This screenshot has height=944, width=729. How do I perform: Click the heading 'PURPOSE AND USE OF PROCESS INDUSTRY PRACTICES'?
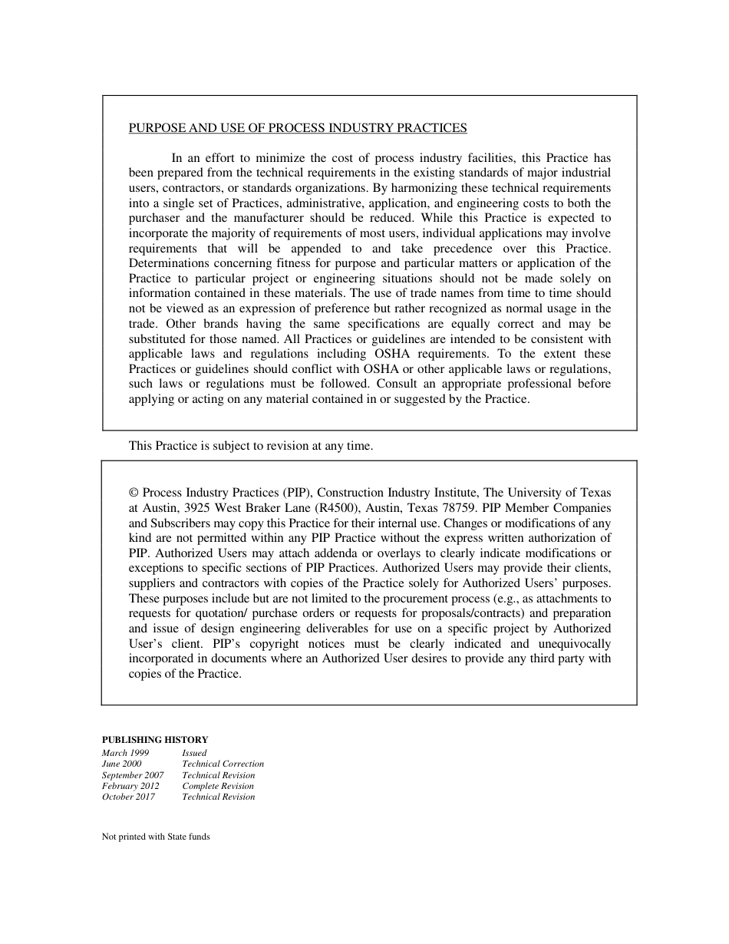pyautogui.click(x=298, y=128)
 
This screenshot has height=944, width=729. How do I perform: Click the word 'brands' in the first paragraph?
pyautogui.click(x=223, y=324)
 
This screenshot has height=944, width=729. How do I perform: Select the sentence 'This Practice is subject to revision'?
pyautogui.click(x=250, y=445)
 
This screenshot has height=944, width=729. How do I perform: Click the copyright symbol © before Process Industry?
pyautogui.click(x=134, y=493)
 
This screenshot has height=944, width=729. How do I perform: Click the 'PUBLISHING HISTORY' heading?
pyautogui.click(x=155, y=740)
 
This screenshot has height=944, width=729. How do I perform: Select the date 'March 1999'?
pyautogui.click(x=126, y=753)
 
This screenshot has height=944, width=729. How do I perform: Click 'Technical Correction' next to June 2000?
pyautogui.click(x=223, y=764)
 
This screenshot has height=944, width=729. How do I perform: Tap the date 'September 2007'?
pyautogui.click(x=133, y=775)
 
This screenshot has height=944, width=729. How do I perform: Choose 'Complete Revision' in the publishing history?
pyautogui.click(x=218, y=786)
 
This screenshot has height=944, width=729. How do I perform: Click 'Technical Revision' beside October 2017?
pyautogui.click(x=219, y=797)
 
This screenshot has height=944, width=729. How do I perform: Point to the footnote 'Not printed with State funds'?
pyautogui.click(x=156, y=837)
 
